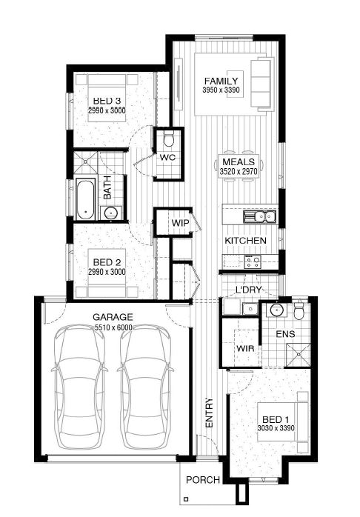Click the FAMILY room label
click(221, 81)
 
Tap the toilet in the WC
click(169, 139)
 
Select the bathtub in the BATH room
click(86, 199)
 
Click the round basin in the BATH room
click(110, 213)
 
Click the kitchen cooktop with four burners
click(252, 261)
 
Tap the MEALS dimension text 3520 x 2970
click(239, 171)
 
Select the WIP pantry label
click(180, 223)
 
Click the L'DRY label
click(249, 290)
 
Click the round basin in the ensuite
click(276, 310)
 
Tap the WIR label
click(245, 348)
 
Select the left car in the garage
click(79, 387)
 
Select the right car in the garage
click(145, 387)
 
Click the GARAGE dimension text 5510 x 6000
click(113, 327)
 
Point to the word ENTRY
click(210, 413)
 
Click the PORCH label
click(203, 480)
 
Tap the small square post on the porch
click(186, 499)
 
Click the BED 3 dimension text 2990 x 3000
click(107, 110)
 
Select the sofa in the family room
click(263, 84)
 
